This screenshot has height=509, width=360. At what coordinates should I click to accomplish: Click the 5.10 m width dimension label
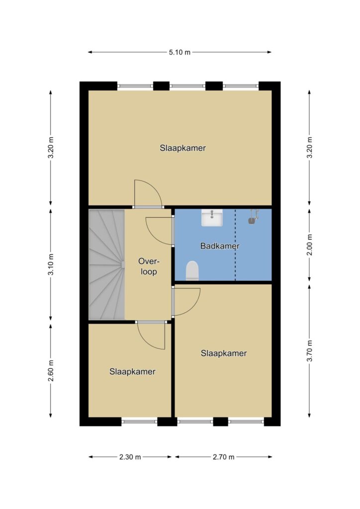[180, 52]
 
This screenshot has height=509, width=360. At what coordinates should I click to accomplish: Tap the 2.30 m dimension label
[130, 457]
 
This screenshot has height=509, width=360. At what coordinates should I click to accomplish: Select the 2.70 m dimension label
[223, 457]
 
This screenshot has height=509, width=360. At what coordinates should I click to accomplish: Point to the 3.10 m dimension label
[51, 264]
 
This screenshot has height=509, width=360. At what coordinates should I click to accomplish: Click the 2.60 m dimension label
[51, 371]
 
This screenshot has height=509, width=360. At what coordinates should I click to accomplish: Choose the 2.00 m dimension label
[309, 245]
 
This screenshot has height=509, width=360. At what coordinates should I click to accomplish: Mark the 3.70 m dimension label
[309, 350]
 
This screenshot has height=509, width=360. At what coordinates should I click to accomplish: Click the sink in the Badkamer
[212, 218]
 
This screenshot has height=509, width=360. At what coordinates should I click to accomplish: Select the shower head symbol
[253, 217]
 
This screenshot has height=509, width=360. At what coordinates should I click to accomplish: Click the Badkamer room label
[220, 246]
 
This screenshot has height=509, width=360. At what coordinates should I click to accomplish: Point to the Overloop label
[149, 266]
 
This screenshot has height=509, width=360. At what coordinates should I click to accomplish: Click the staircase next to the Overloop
[107, 264]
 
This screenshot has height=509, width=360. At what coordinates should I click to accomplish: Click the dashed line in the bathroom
[235, 245]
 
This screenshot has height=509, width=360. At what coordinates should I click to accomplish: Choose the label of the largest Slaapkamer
[183, 148]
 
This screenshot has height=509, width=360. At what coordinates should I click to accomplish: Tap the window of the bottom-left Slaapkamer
[140, 422]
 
